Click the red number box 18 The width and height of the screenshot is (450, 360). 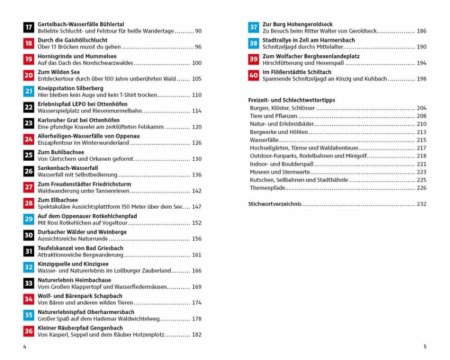[x=28, y=43]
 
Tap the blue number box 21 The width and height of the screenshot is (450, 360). [x=28, y=91]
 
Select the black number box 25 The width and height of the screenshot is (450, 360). [x=28, y=155]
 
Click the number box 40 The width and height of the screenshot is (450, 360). [x=254, y=75]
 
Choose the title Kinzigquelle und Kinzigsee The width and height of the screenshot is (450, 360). [x=73, y=264]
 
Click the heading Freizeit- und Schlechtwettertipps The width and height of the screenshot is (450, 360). [x=291, y=99]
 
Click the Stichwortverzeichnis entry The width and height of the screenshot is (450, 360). [x=275, y=204]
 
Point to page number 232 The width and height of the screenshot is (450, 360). [x=421, y=204]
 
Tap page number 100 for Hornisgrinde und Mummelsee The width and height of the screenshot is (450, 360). [x=197, y=63]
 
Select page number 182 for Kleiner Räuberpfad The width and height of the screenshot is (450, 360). [x=197, y=335]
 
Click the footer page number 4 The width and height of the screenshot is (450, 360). [x=24, y=346]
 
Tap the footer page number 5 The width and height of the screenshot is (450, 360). [x=425, y=346]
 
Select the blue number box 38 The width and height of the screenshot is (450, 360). [x=254, y=43]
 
